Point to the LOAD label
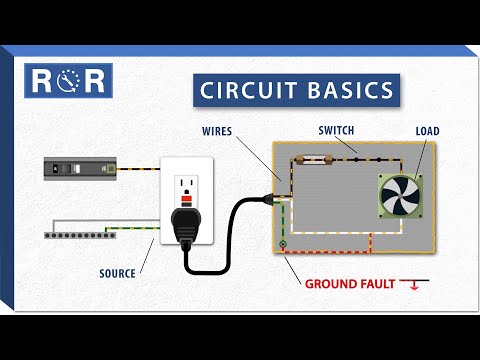pos(427,131)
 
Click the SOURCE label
pos(117,272)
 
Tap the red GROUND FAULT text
pos(349,284)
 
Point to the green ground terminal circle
pos(283,245)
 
